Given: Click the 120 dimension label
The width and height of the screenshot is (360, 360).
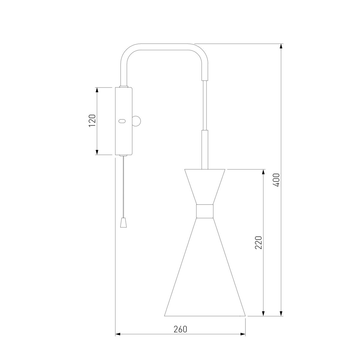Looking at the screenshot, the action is [x=92, y=121].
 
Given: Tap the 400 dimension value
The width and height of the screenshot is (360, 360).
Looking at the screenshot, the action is [x=276, y=180].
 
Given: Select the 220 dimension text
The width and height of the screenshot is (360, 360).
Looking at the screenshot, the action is [x=258, y=242].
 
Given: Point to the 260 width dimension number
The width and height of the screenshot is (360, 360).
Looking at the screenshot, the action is [x=180, y=329].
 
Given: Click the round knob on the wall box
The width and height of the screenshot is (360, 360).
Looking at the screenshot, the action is [x=136, y=121].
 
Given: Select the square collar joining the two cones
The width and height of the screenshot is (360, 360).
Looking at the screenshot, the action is [x=205, y=211].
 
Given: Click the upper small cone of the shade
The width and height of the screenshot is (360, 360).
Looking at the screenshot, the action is [x=205, y=187].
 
